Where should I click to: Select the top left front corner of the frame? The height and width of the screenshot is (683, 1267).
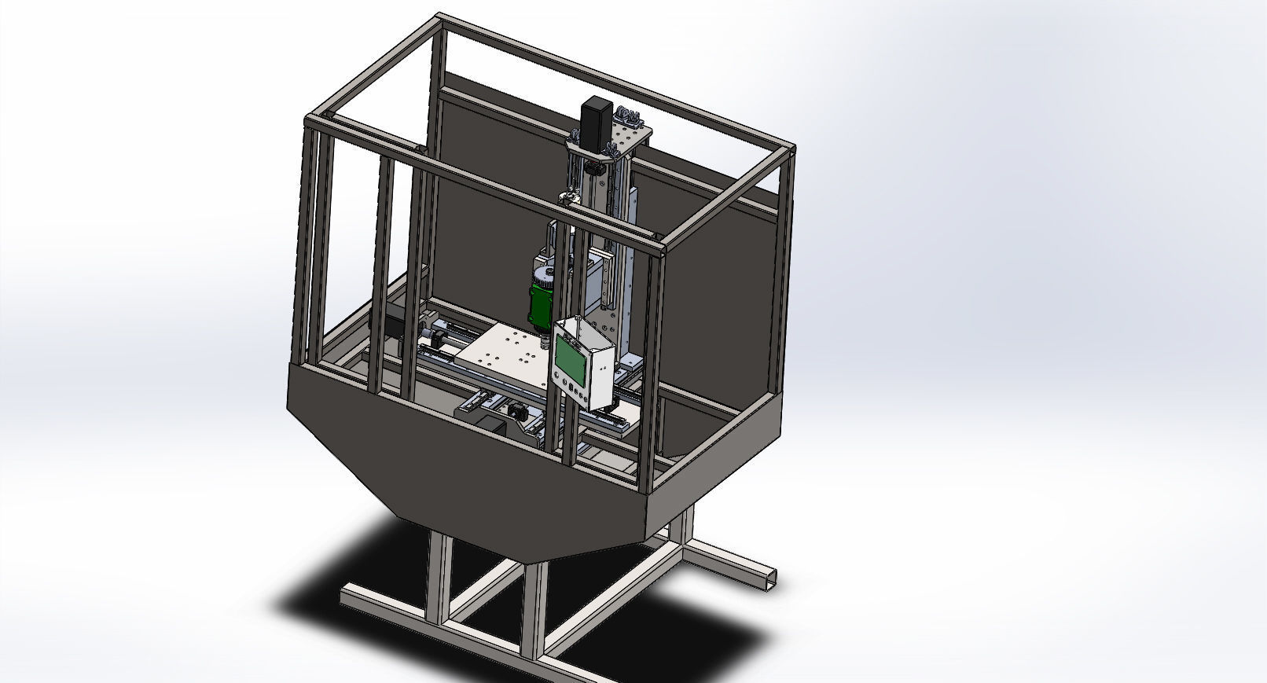(x=312, y=122)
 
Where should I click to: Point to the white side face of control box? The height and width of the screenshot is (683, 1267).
(x=600, y=369)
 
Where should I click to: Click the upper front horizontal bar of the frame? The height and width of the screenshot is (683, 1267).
(x=487, y=185)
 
